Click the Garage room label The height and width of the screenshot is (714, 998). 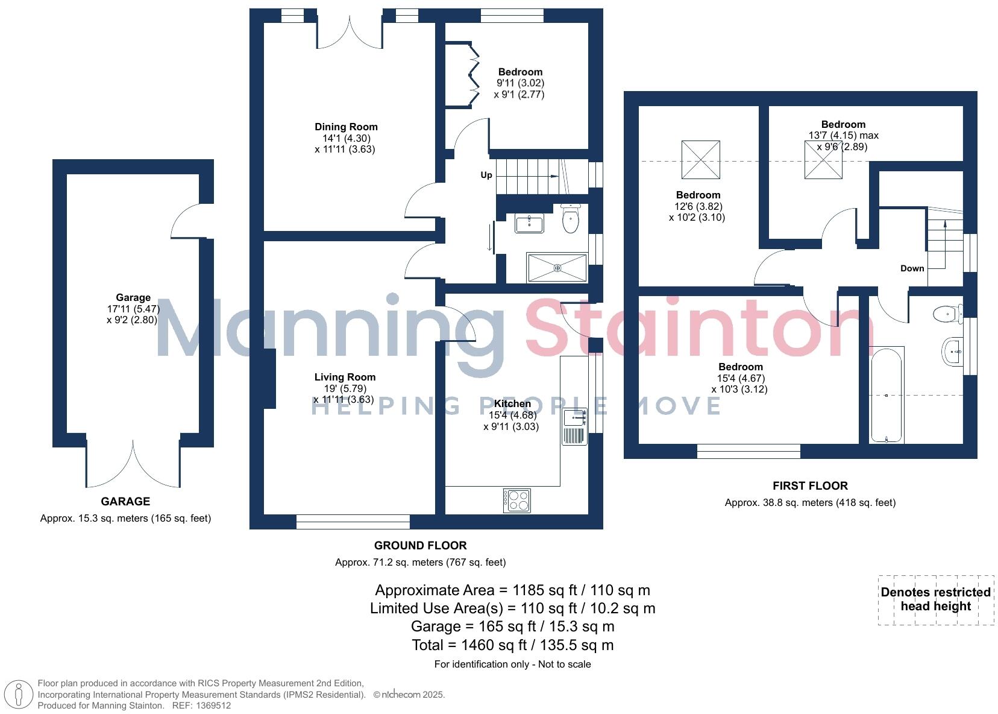point(133,297)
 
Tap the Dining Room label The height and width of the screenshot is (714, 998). point(346,127)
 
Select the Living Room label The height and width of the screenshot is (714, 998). point(345,377)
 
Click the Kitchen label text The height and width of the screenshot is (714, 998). point(512,403)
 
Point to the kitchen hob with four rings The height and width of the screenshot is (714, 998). point(517,500)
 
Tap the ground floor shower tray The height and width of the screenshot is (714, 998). point(557,268)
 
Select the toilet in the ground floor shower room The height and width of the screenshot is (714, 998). point(570,218)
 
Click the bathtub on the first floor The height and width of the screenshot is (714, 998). point(886,395)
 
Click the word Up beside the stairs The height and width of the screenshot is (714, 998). point(486,175)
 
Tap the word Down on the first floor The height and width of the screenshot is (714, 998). point(912,268)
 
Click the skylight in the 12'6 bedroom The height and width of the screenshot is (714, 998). point(700,160)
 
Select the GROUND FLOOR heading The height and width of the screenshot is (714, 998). point(420,546)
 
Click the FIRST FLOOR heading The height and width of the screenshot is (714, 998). point(810,485)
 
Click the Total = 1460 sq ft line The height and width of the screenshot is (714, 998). point(512,645)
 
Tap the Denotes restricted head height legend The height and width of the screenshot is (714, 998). point(935,599)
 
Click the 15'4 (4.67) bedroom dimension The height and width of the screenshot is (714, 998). point(741,378)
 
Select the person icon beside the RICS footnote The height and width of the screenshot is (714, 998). point(19,694)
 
